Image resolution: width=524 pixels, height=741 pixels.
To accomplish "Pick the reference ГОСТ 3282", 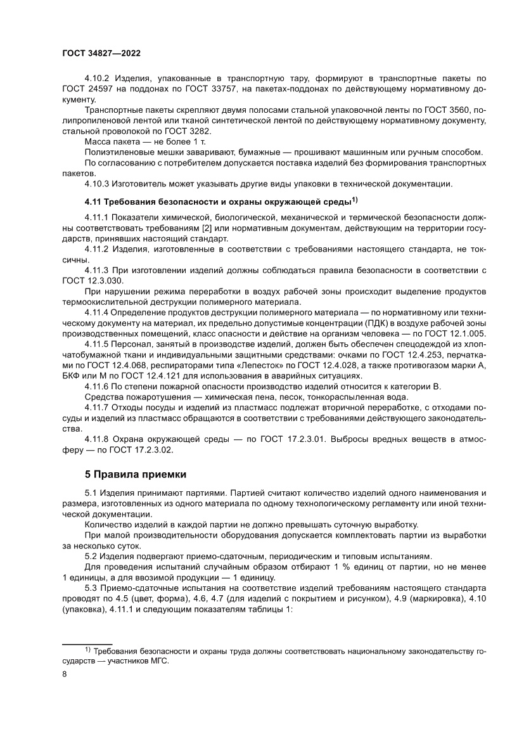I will point(157,131).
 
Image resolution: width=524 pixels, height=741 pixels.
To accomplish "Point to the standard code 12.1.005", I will point(466,333).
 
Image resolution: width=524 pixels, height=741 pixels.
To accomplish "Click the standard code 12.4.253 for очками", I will point(412,354).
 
